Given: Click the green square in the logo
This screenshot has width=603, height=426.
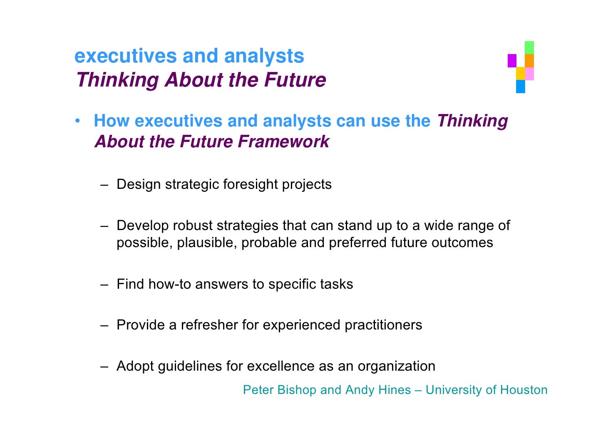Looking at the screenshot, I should (529, 47).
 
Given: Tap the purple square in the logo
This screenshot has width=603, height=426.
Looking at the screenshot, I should (512, 61).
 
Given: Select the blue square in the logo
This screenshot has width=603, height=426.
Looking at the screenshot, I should (520, 87).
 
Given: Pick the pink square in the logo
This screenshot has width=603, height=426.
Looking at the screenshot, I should (529, 74).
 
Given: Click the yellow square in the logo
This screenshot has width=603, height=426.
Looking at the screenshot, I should (520, 73).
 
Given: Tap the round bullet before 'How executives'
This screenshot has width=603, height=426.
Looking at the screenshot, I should (77, 121).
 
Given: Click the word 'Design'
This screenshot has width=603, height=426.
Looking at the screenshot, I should (139, 184).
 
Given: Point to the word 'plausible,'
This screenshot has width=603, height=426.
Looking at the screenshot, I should (207, 243).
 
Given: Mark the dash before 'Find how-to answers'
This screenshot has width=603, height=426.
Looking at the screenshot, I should (104, 285).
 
